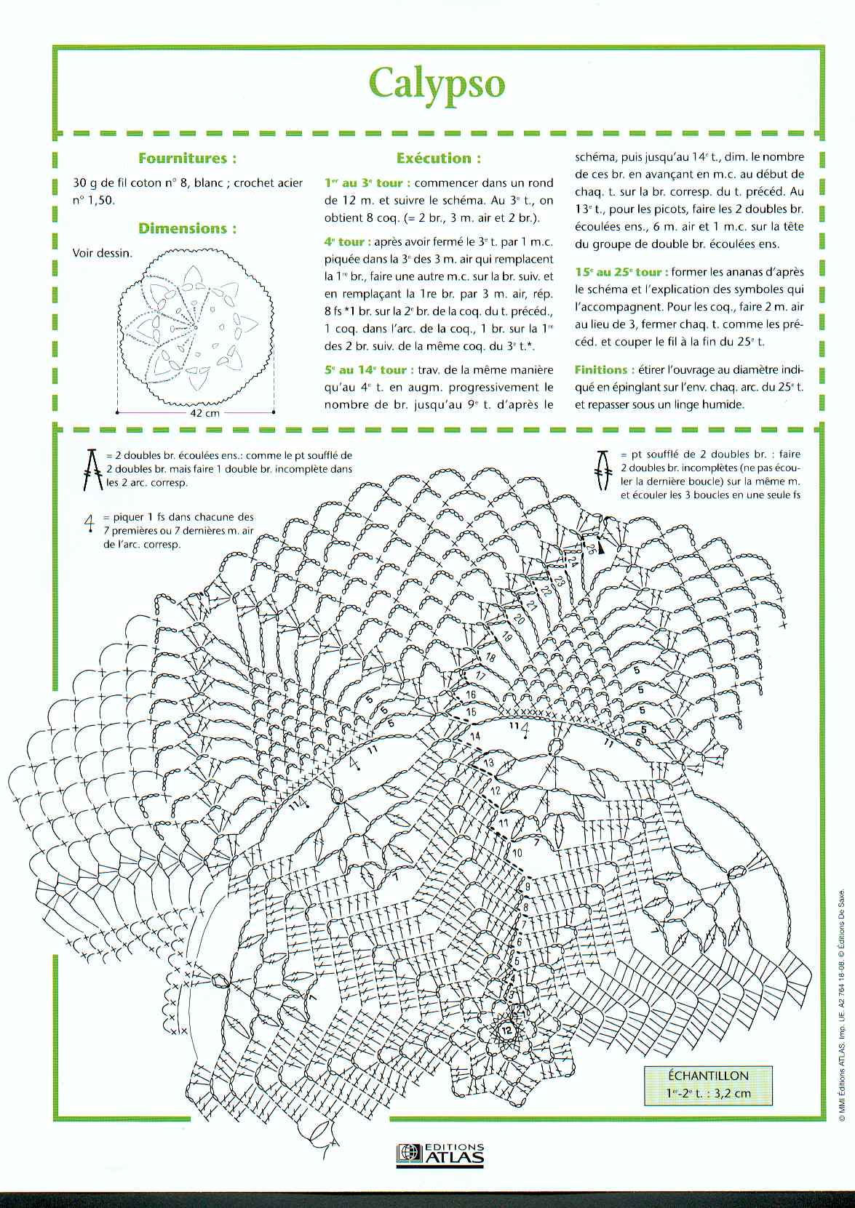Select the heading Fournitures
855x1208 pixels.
coord(187,158)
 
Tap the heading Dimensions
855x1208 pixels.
coord(187,228)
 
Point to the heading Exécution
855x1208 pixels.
coord(439,158)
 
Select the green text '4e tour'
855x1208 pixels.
coord(347,242)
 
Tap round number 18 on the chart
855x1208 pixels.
coord(490,658)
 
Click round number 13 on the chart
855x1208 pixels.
coord(488,762)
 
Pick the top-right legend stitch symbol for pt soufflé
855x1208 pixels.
coord(603,468)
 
